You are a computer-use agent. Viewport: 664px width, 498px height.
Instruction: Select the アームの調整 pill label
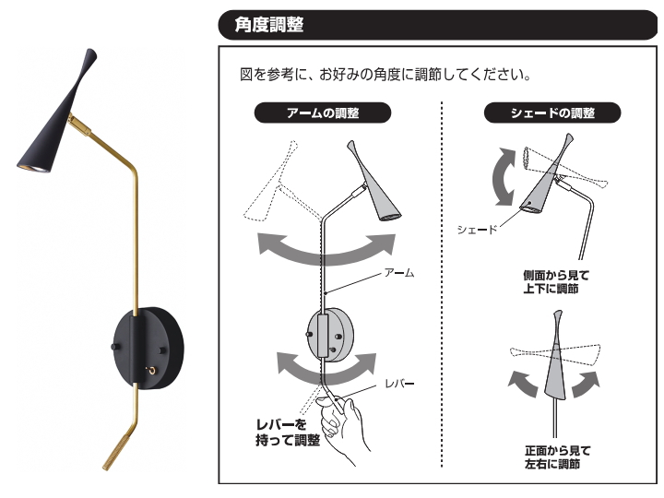(x=322, y=113)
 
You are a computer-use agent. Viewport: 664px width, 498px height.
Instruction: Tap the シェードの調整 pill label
(x=552, y=113)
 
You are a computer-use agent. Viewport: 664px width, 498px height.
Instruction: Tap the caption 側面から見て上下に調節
(x=555, y=281)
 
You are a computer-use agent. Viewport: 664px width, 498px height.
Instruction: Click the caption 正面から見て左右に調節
(x=554, y=456)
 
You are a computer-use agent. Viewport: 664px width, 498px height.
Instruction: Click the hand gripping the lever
(x=346, y=424)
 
